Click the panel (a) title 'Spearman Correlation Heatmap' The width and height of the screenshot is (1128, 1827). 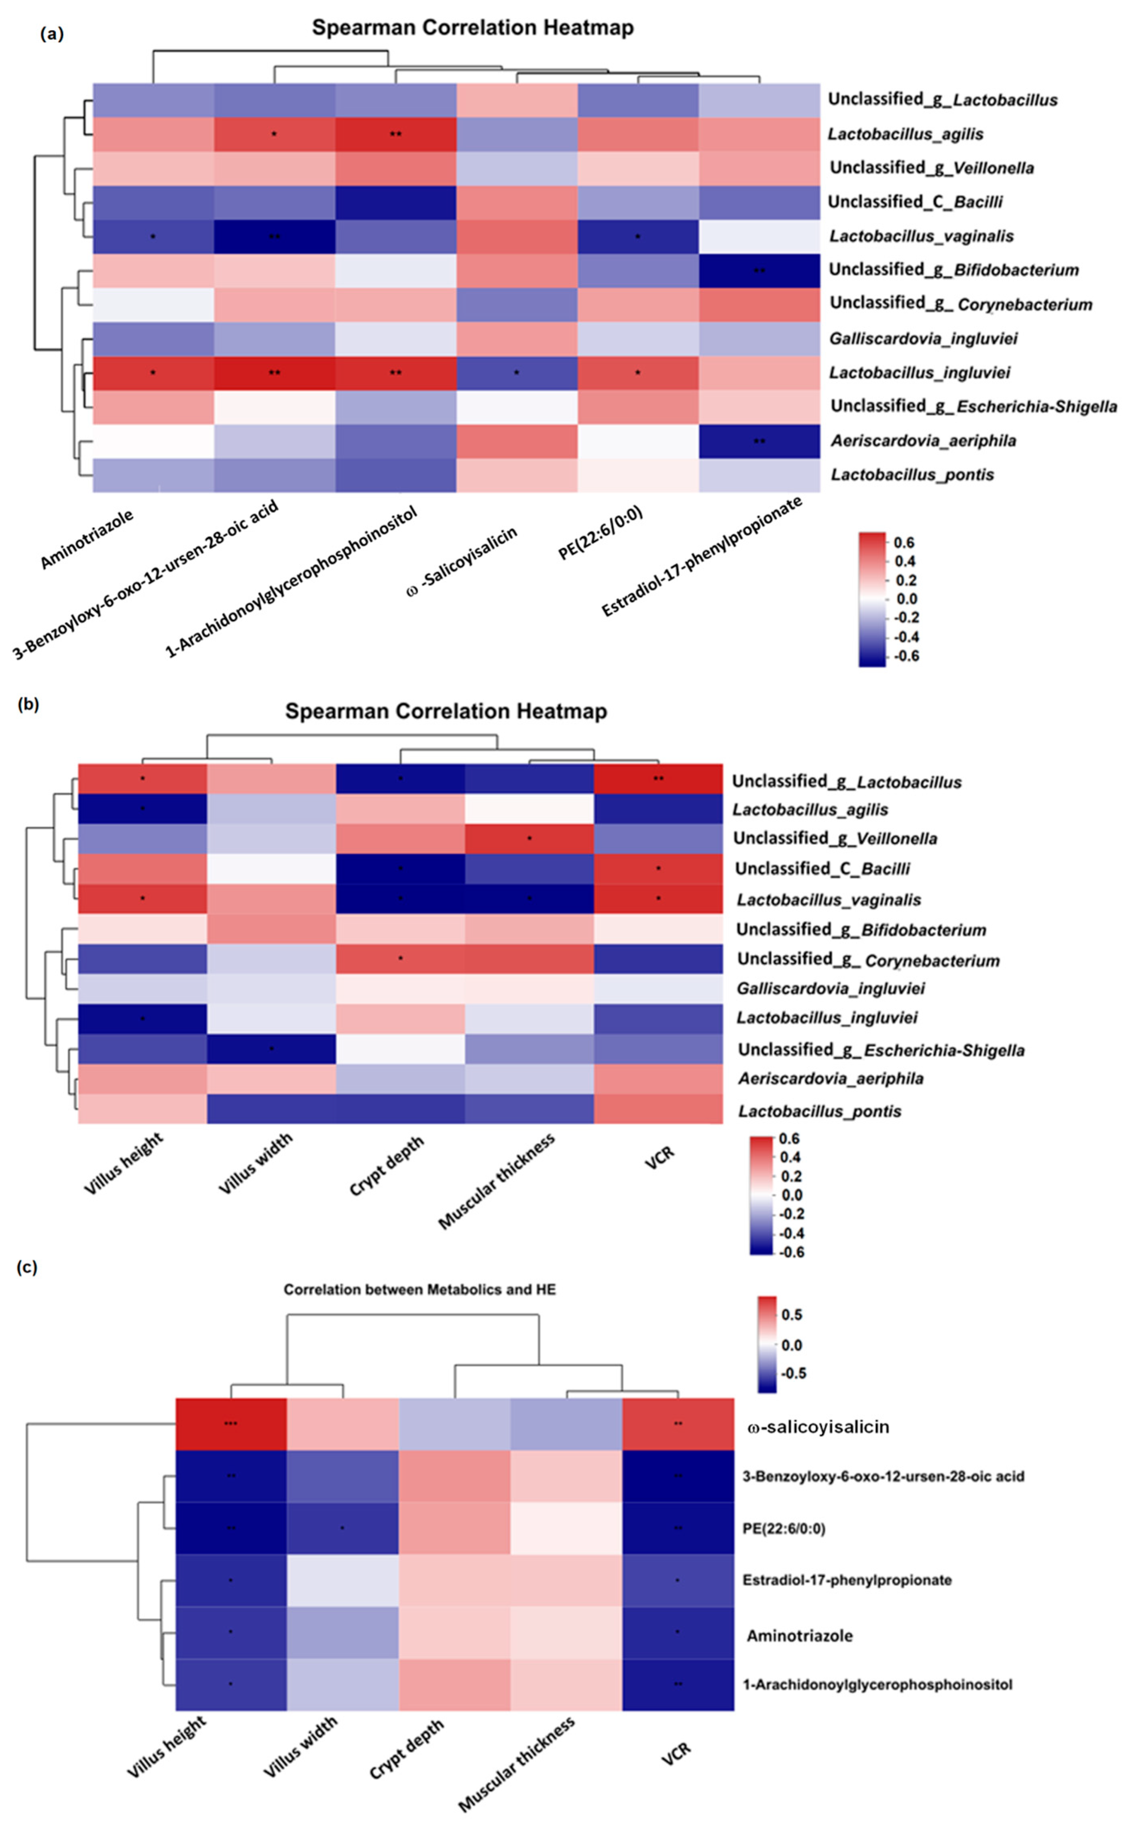point(472,28)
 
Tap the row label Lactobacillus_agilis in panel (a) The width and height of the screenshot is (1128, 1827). point(905,134)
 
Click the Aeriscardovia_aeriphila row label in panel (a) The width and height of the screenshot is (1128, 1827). point(923,441)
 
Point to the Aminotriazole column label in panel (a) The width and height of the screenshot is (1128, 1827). point(87,538)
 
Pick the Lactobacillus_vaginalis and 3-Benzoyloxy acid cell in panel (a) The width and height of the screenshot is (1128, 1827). point(275,237)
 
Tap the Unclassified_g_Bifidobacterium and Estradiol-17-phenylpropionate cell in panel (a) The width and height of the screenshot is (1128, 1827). point(759,270)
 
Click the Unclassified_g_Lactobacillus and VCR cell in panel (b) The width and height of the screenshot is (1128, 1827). point(658,779)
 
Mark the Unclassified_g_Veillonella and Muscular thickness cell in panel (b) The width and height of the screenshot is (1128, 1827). point(530,838)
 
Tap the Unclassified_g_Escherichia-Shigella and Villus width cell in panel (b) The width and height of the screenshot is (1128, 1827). point(271,1049)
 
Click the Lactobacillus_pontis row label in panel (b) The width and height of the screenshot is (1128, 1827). point(819,1111)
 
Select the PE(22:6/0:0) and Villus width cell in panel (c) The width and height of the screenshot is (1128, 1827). point(342,1528)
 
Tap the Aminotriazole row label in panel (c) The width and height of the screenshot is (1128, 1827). point(799,1635)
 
